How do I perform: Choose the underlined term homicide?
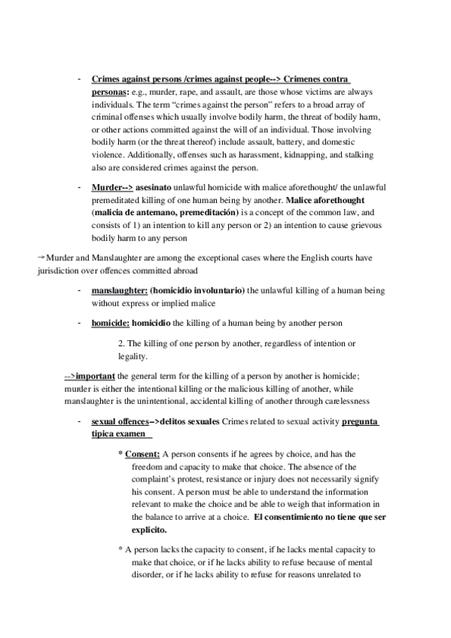(x=111, y=323)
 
